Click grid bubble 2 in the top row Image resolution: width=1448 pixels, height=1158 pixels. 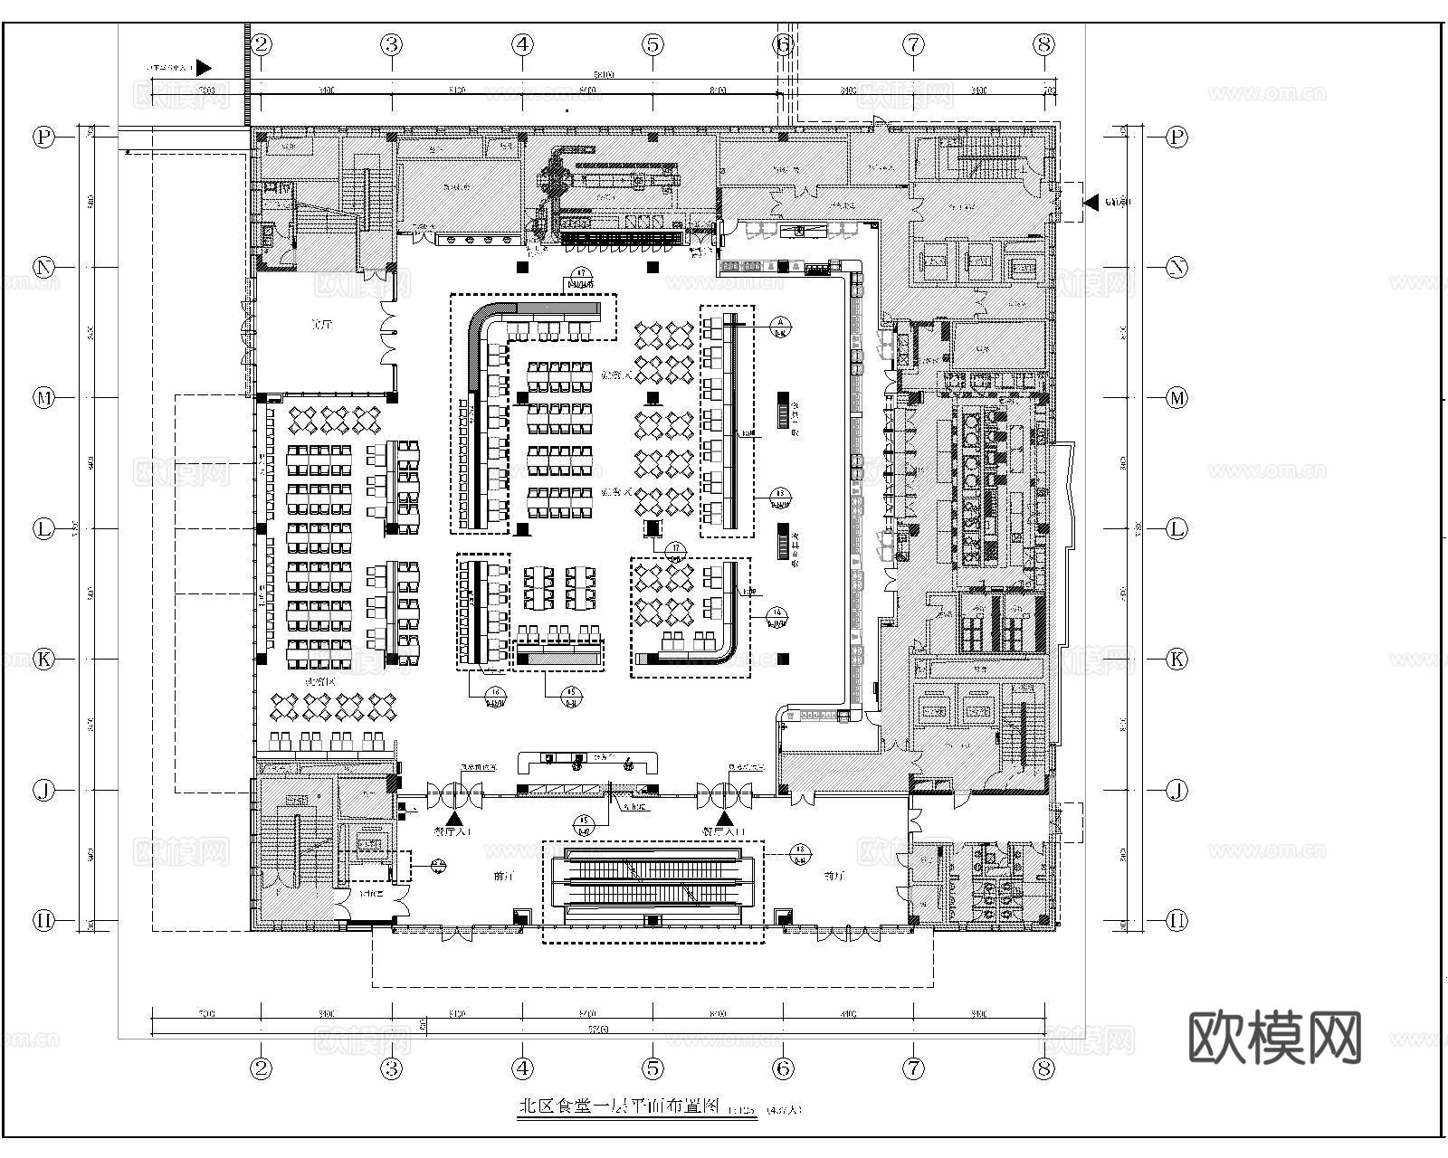262,43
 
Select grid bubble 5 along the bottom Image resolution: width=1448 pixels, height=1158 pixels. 653,1068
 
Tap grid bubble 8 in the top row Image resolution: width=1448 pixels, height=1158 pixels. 1044,43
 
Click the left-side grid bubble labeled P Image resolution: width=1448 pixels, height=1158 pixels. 43,138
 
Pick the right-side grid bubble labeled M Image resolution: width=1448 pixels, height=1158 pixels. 1176,398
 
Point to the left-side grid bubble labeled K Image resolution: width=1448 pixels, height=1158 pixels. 43,659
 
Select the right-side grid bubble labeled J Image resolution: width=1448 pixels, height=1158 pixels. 1176,790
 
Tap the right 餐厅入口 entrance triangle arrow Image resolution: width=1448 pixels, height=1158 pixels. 724,817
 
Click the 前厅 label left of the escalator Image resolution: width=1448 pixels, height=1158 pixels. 503,876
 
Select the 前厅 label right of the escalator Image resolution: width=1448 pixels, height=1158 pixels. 834,876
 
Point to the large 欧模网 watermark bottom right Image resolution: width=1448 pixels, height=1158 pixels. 1273,1037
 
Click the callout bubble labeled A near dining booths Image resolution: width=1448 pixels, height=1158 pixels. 779,324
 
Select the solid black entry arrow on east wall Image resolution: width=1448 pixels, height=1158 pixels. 1091,202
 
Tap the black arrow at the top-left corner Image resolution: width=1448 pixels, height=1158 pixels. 204,67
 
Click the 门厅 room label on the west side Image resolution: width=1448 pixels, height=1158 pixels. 321,325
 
